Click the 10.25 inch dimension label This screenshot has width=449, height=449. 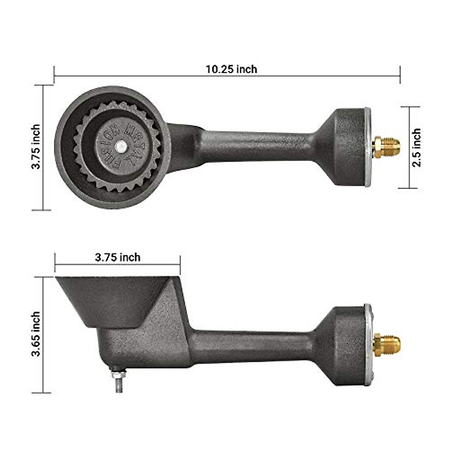(x=231, y=69)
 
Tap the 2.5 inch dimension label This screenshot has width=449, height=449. (x=416, y=147)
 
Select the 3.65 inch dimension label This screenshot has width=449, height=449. (x=36, y=334)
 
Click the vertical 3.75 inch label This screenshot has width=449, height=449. (x=36, y=147)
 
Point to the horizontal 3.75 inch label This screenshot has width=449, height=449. (x=117, y=257)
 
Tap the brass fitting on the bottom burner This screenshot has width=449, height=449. (x=387, y=345)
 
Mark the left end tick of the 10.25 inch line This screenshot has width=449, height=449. (x=54, y=75)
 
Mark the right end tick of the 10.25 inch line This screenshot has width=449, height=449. (x=400, y=75)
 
